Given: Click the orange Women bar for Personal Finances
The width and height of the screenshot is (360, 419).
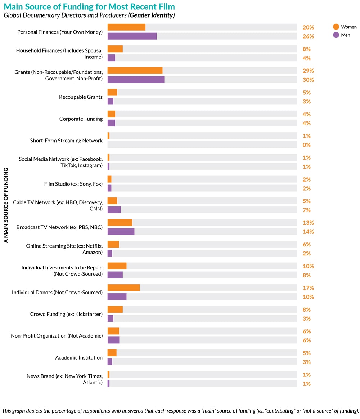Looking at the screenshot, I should pyautogui.click(x=126, y=27).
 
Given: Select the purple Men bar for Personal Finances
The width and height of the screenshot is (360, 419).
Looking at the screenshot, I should pyautogui.click(x=132, y=36).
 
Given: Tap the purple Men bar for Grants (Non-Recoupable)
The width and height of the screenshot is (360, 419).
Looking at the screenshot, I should pyautogui.click(x=136, y=80).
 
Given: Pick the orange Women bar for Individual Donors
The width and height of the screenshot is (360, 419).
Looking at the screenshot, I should pyautogui.click(x=123, y=288).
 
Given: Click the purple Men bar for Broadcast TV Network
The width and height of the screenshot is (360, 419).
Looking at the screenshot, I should pyautogui.click(x=121, y=232).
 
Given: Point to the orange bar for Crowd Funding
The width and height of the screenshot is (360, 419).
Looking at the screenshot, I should pyautogui.click(x=115, y=309).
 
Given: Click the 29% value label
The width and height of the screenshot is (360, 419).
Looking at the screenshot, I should pyautogui.click(x=308, y=71).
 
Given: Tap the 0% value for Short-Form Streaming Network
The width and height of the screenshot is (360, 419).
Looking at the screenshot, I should pyautogui.click(x=307, y=145).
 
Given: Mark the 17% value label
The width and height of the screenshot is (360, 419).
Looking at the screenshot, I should pyautogui.click(x=308, y=288).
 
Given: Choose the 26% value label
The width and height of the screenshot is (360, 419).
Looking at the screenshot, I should pyautogui.click(x=308, y=36).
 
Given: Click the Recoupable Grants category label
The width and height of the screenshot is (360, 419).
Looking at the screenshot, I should pyautogui.click(x=81, y=97).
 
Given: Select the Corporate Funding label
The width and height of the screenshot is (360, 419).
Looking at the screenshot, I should pyautogui.click(x=81, y=119).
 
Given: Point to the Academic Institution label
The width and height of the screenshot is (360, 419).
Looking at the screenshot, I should pyautogui.click(x=79, y=358).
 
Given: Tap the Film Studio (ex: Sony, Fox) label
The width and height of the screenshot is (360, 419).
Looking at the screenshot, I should pyautogui.click(x=73, y=184).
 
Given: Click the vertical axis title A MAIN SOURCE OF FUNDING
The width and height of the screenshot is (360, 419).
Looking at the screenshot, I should pyautogui.click(x=6, y=205).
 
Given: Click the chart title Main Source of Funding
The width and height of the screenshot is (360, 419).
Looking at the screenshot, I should pyautogui.click(x=89, y=7).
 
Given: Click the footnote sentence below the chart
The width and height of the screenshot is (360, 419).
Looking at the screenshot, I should pyautogui.click(x=180, y=411).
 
